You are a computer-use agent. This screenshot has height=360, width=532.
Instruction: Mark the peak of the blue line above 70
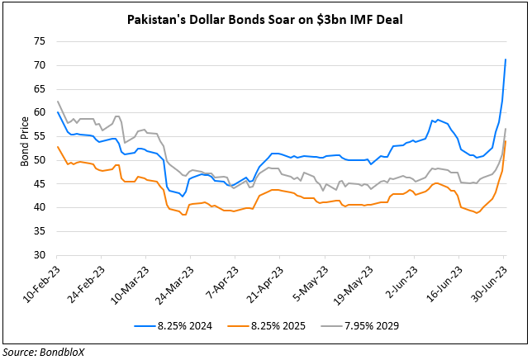click(506, 59)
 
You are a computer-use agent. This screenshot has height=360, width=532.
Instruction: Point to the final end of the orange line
click(506, 142)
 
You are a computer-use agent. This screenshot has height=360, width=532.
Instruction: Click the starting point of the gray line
click(58, 102)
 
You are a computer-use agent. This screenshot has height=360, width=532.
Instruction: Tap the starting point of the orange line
click(58, 147)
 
